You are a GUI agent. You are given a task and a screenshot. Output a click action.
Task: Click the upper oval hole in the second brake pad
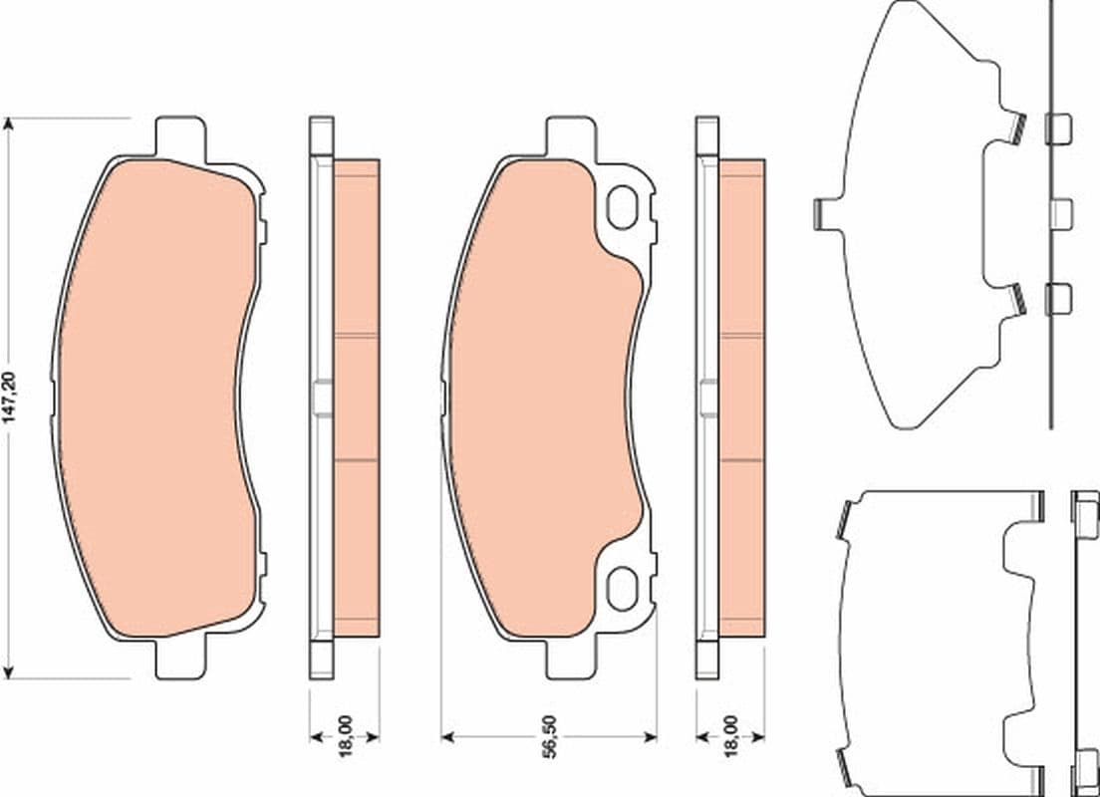[x=624, y=208]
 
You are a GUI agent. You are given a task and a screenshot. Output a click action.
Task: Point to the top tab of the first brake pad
[x=180, y=134]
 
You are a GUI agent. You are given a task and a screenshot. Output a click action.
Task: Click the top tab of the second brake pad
[x=570, y=134]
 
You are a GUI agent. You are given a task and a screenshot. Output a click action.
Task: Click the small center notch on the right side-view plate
[x=707, y=398]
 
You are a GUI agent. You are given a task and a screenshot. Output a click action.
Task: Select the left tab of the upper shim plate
[x=822, y=213]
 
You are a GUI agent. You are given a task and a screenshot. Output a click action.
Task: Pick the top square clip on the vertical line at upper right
[x=1058, y=129]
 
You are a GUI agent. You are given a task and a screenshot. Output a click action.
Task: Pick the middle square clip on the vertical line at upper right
[x=1061, y=211]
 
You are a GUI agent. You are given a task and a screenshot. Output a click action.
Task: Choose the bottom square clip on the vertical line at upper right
[x=1058, y=298]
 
